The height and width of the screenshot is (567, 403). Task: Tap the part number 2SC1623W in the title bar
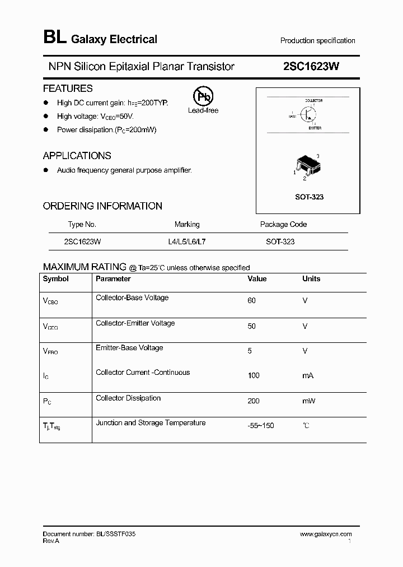(311, 67)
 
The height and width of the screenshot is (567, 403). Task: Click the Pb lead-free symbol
(203, 96)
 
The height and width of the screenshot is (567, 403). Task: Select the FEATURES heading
(68, 89)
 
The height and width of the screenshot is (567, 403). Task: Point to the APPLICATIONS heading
(77, 156)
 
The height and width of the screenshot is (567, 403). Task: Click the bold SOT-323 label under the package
(309, 197)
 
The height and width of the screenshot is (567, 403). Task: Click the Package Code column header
(283, 224)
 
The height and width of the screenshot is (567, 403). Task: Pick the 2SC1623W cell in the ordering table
(82, 242)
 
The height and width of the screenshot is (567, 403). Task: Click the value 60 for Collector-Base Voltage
(251, 301)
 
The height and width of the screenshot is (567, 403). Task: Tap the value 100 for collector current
(254, 375)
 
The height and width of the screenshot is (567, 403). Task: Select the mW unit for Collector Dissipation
(309, 401)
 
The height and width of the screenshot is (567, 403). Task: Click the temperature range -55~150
(261, 426)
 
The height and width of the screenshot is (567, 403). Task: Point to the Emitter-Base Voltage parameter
(129, 348)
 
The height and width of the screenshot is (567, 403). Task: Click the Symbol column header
(56, 279)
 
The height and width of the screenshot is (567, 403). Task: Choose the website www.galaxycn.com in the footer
(326, 535)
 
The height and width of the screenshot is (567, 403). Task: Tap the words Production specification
(317, 41)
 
